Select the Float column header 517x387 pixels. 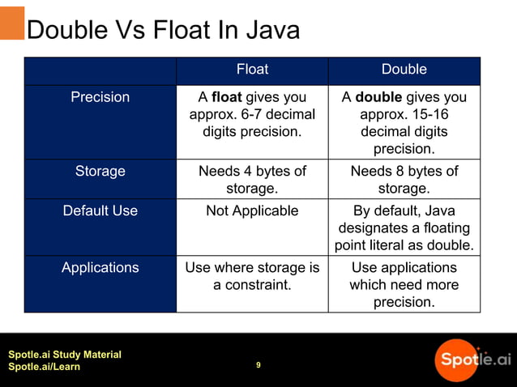pos(252,70)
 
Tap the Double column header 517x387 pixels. pos(404,70)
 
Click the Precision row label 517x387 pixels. pos(100,97)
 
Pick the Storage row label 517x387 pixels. pos(100,171)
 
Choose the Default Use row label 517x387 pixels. pos(100,211)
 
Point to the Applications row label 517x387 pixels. pos(100,267)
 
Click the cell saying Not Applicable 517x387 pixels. pos(252,211)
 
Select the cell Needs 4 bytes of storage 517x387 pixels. pos(252,179)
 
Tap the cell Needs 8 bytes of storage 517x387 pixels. pos(404,179)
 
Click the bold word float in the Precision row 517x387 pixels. pos(228,97)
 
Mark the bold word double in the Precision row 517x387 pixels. pos(378,97)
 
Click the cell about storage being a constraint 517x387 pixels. pos(252,276)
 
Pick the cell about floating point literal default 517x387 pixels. pos(404,228)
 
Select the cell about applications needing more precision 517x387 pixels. pos(404,284)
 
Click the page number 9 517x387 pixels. pos(258,365)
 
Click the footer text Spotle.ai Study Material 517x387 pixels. pos(65,355)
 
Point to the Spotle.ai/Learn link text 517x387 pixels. pos(44,368)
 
